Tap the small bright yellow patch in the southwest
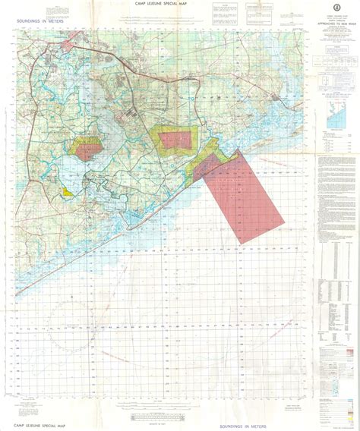click(68, 193)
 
